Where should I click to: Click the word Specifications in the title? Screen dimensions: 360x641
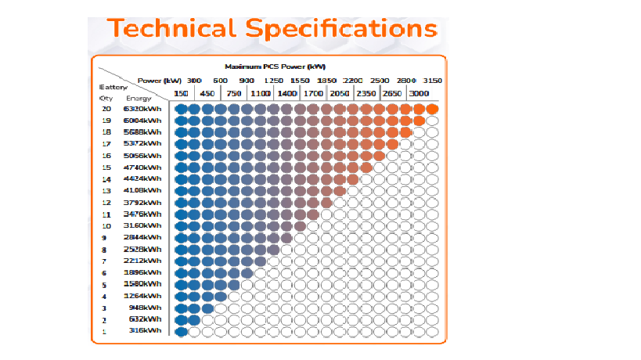341,29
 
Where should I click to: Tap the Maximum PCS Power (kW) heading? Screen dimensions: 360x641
275,67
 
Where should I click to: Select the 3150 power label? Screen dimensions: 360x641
432,81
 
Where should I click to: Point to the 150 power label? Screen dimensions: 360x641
181,94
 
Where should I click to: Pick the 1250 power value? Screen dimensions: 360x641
274,81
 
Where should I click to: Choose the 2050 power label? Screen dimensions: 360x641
340,94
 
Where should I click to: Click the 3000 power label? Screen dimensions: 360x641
419,94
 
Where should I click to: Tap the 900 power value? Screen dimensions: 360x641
247,81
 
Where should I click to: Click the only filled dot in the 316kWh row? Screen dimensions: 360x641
182,332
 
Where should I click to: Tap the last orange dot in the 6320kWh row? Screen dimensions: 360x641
432,110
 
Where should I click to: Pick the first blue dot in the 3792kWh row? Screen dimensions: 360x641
182,203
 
